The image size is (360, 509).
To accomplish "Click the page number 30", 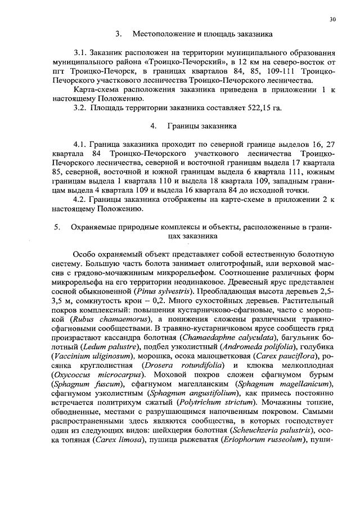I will [x=332, y=19].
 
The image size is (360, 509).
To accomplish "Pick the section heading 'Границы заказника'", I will [x=194, y=127].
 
